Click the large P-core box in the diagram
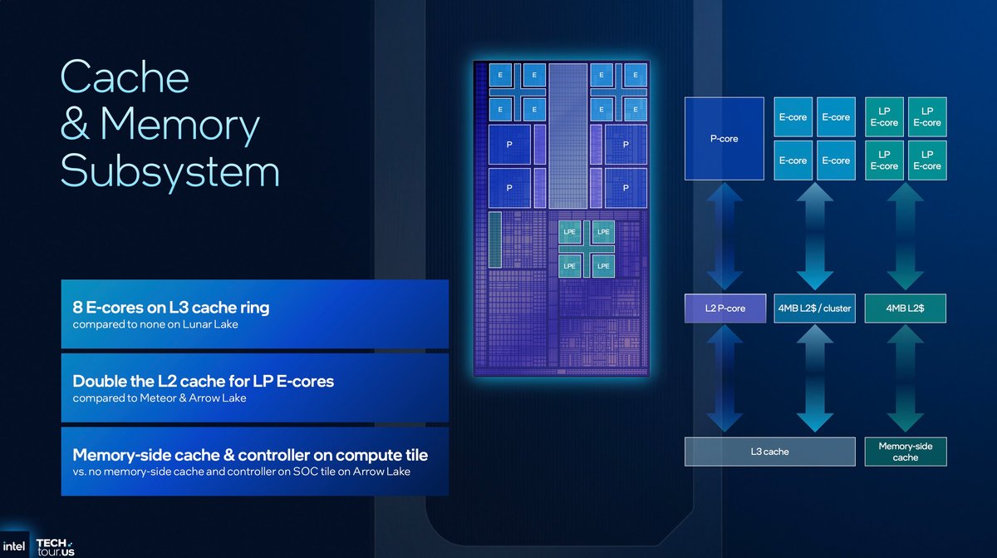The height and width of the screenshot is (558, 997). [x=724, y=138]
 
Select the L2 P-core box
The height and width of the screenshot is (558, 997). [x=724, y=309]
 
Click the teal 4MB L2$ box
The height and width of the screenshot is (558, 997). [x=905, y=309]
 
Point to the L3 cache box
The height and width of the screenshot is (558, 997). [x=769, y=452]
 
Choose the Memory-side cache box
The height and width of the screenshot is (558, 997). [x=905, y=452]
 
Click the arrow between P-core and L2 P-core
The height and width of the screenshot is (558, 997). [x=724, y=237]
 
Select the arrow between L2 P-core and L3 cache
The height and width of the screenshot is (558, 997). [x=724, y=379]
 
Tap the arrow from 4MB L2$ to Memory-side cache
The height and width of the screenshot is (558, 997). [x=905, y=379]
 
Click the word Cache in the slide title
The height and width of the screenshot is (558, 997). [x=125, y=78]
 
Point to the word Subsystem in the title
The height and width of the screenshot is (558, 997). [x=169, y=171]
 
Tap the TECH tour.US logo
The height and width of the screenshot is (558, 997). [x=56, y=546]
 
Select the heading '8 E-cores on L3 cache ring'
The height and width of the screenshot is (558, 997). [x=170, y=308]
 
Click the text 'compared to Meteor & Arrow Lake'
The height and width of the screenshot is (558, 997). [x=159, y=398]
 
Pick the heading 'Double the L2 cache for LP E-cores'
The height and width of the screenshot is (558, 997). [x=203, y=382]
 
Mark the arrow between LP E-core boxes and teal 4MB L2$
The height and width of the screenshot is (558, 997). [x=905, y=237]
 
